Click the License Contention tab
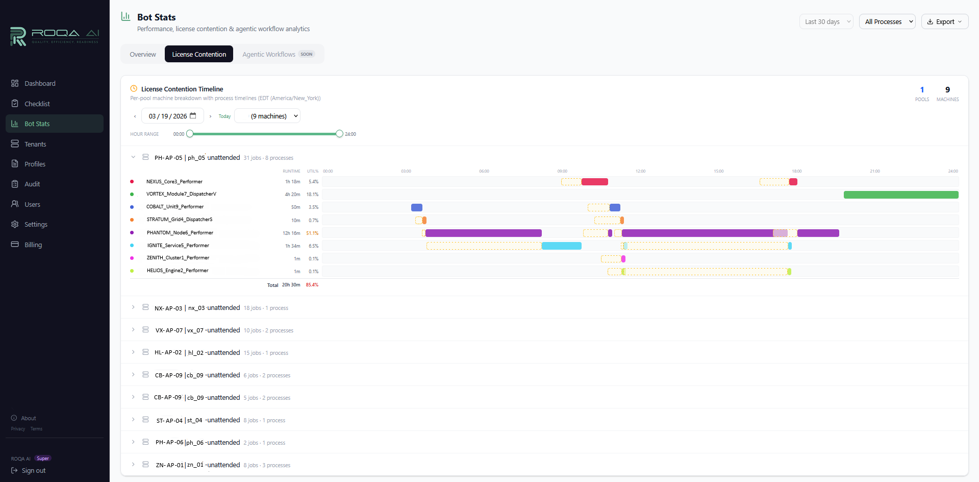pos(198,54)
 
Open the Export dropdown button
pos(944,21)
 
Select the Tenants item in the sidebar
pos(35,144)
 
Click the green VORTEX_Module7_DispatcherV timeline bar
pos(900,195)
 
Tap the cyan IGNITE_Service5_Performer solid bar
pos(561,246)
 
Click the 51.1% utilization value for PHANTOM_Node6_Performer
pos(312,233)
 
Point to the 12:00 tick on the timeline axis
pos(640,171)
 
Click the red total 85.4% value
pos(312,285)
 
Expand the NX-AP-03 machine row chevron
pos(133,307)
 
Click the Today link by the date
pos(224,116)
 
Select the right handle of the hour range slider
pos(339,134)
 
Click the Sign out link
pos(34,471)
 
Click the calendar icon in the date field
pos(193,116)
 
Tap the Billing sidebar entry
pos(33,245)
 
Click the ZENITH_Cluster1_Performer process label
pos(178,258)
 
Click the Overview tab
pos(143,54)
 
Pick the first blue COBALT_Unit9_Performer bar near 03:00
pos(417,207)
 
